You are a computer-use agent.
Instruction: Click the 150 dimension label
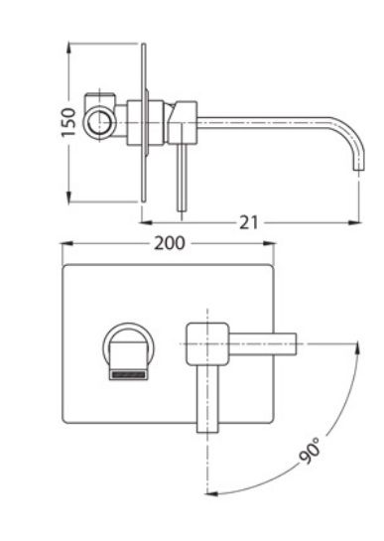68,122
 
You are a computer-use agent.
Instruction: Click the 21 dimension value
248,223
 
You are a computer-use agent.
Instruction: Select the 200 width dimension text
170,243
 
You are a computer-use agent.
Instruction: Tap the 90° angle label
310,450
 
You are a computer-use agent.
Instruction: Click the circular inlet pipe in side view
99,123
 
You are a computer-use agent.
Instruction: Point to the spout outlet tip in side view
359,168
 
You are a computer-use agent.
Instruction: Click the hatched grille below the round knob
128,374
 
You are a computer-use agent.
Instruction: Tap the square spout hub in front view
207,344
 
